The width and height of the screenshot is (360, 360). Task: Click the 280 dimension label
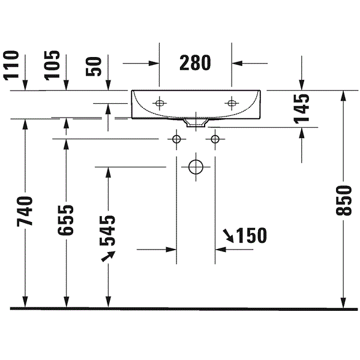click(195, 62)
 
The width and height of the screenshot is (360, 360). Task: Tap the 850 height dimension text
click(343, 200)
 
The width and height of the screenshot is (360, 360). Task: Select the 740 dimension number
click(25, 211)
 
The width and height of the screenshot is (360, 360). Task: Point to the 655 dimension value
click(65, 220)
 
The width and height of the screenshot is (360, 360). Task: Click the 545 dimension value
click(107, 230)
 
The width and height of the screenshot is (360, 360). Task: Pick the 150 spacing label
click(251, 235)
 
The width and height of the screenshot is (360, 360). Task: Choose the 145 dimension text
click(302, 109)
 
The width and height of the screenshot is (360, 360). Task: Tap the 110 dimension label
click(11, 65)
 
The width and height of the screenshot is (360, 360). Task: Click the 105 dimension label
click(52, 65)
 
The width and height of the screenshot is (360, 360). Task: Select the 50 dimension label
click(94, 67)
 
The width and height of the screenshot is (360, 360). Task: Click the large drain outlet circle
click(196, 167)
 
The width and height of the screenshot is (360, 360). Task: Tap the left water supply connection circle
click(176, 139)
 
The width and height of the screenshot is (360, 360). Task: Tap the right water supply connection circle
click(215, 139)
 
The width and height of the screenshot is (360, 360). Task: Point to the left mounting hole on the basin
click(160, 103)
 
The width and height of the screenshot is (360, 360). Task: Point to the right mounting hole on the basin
click(232, 103)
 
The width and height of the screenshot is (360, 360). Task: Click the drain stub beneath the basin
click(196, 123)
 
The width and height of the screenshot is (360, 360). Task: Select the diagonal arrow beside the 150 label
click(228, 236)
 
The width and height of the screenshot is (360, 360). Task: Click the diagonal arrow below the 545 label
click(109, 256)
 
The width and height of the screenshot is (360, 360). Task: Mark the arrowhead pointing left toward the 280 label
click(237, 63)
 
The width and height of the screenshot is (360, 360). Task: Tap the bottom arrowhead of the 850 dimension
click(343, 302)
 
